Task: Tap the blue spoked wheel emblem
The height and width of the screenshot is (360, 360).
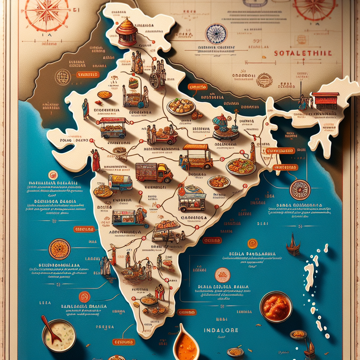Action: pos(216,34)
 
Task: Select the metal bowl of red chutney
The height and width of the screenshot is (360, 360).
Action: pos(276,307)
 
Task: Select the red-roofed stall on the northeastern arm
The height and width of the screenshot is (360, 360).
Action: pos(325,101)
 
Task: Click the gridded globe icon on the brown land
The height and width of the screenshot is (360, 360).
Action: pos(63,77)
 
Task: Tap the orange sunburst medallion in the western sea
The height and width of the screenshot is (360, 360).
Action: pos(59,249)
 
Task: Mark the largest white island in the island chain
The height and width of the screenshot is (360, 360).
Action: pos(309,276)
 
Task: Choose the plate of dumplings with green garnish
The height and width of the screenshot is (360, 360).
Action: pos(181,106)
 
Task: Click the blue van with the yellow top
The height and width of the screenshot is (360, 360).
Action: pos(120,182)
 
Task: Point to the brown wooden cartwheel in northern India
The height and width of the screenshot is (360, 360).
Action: pos(154,80)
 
